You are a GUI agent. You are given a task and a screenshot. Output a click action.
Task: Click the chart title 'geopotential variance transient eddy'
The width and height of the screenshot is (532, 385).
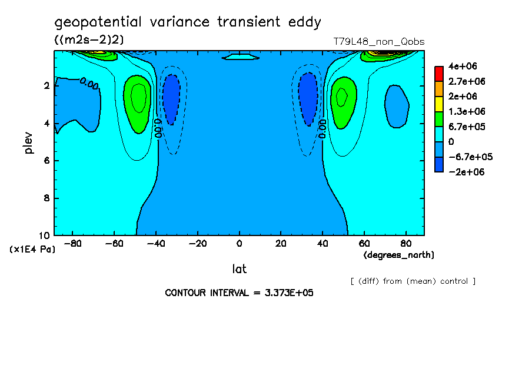point(188,23)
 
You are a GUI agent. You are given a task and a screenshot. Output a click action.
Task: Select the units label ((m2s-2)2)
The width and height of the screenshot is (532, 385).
point(89,39)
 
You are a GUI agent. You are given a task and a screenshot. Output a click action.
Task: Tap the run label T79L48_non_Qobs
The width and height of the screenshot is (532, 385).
point(378,42)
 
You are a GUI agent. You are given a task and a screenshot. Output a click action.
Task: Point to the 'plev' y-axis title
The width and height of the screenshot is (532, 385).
point(29,142)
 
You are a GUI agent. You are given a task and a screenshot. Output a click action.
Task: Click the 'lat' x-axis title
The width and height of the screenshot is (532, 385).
point(239,269)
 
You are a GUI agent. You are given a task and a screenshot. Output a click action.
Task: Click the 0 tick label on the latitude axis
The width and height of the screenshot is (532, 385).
point(239,244)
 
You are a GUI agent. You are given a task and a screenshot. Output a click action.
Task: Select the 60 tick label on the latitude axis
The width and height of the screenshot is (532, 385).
point(365,244)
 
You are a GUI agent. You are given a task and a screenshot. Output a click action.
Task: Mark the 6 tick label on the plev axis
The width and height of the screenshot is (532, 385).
point(46,161)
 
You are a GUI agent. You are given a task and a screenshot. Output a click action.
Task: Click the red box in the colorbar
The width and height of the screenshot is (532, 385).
point(438,73)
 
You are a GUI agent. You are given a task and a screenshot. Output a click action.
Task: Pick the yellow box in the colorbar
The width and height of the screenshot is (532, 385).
point(438,104)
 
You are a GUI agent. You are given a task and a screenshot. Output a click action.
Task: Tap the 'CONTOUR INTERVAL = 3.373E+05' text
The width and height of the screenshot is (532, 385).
point(239,293)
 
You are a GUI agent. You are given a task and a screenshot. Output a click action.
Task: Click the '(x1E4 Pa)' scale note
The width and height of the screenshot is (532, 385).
point(32,250)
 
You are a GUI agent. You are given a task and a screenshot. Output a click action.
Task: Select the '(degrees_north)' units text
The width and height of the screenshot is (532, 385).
point(399,255)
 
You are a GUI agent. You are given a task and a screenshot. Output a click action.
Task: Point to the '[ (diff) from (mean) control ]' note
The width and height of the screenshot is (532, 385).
point(413,281)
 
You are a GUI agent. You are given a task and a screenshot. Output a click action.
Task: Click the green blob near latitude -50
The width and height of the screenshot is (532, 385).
point(138,103)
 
